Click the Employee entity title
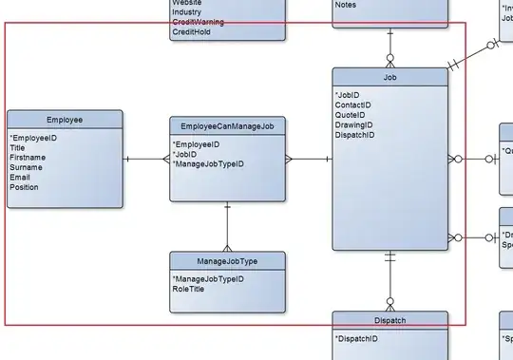click(65, 121)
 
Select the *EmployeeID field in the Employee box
click(33, 138)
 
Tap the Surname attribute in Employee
click(27, 168)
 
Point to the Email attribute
click(20, 178)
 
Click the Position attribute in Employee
click(25, 188)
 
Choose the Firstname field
click(28, 158)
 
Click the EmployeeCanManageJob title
click(227, 125)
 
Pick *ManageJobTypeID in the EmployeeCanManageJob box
click(208, 164)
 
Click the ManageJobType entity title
click(227, 260)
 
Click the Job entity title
click(389, 77)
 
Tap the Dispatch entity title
click(389, 320)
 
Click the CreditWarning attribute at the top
click(198, 23)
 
